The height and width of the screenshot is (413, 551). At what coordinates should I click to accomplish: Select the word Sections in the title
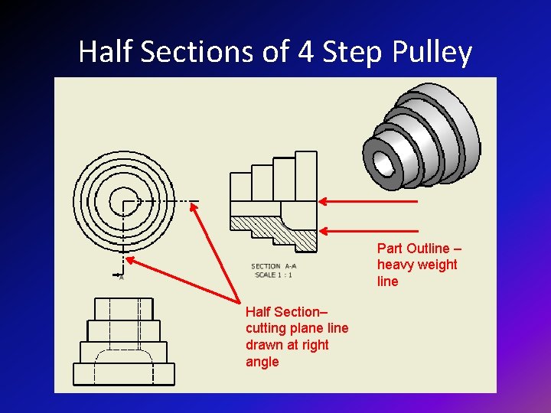click(x=196, y=52)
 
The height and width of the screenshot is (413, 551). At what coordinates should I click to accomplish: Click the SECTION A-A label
click(x=273, y=266)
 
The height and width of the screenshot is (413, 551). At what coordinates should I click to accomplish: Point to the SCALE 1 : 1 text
click(x=273, y=275)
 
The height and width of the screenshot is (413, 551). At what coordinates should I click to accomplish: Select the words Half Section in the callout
click(x=282, y=311)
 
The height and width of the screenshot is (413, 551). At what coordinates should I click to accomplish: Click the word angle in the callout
click(x=262, y=362)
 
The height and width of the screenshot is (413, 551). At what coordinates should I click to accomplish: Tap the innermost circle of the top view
click(x=122, y=202)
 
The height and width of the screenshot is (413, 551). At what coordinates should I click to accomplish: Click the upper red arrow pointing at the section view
click(x=368, y=201)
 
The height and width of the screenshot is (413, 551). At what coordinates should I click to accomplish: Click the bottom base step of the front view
click(x=123, y=374)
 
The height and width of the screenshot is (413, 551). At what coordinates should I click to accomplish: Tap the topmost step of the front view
click(x=123, y=309)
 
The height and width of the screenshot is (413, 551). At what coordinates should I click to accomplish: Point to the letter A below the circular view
click(x=121, y=277)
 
